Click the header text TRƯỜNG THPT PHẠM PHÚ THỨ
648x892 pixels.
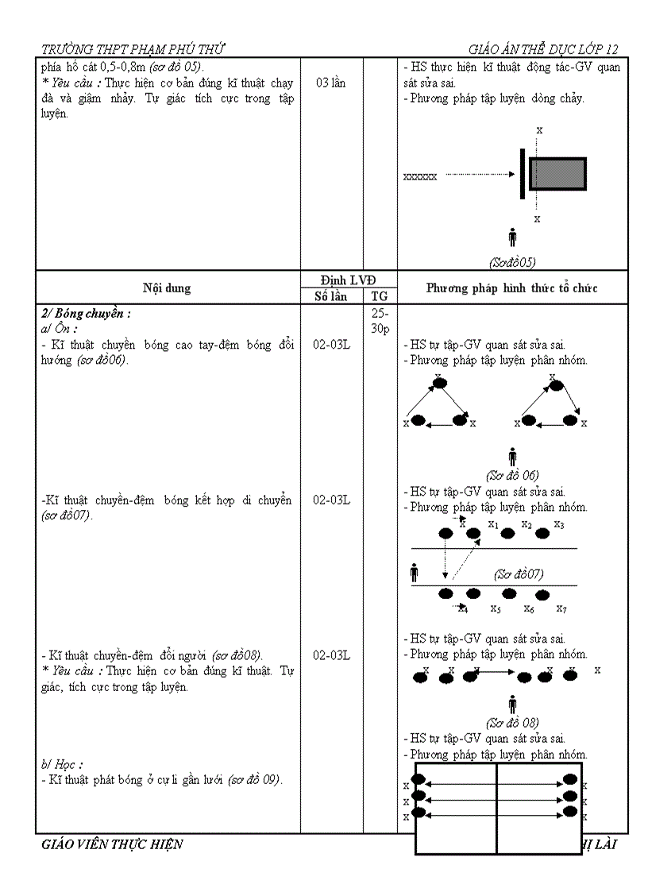(138, 48)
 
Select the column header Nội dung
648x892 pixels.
(167, 288)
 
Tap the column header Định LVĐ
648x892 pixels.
(348, 280)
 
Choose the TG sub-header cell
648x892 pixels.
(380, 296)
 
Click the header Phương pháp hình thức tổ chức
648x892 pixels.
(511, 288)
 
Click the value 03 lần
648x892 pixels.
(330, 83)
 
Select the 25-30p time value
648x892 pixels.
(380, 321)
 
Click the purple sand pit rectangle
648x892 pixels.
(557, 174)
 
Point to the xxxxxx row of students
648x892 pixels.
(420, 176)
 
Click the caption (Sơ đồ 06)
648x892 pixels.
(512, 476)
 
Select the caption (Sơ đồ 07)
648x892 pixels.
(518, 573)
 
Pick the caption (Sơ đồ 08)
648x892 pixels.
(512, 722)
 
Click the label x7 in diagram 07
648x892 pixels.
(561, 609)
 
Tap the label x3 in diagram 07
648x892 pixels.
(559, 524)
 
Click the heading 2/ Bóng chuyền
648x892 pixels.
(86, 313)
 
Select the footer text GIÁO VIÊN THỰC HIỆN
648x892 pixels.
(112, 844)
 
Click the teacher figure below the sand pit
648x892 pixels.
(512, 237)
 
